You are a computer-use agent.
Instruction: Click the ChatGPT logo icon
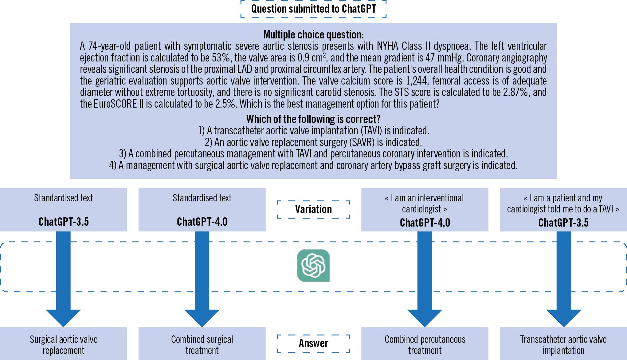pos(313,265)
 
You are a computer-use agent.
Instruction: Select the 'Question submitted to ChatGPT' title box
pos(313,9)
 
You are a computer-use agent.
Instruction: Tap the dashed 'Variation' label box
pos(313,209)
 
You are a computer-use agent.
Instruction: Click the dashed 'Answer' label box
pos(313,343)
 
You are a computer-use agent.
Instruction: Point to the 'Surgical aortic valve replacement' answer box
pos(63,345)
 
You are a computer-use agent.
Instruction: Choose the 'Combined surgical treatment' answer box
pos(202,345)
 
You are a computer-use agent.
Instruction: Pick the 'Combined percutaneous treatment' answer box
pos(425,345)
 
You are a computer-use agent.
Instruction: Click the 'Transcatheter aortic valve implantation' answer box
pos(563,345)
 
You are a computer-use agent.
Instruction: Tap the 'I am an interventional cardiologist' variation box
pos(425,204)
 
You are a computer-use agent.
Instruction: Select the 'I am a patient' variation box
pos(563,204)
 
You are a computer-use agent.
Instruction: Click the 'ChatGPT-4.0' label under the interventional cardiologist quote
pos(425,223)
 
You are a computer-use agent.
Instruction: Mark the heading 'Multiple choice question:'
pos(313,34)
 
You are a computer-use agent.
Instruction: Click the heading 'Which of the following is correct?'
pos(313,119)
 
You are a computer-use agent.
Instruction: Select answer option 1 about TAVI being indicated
pos(313,131)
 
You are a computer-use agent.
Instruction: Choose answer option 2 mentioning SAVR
pos(313,142)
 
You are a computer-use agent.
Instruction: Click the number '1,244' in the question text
pos(416,81)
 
